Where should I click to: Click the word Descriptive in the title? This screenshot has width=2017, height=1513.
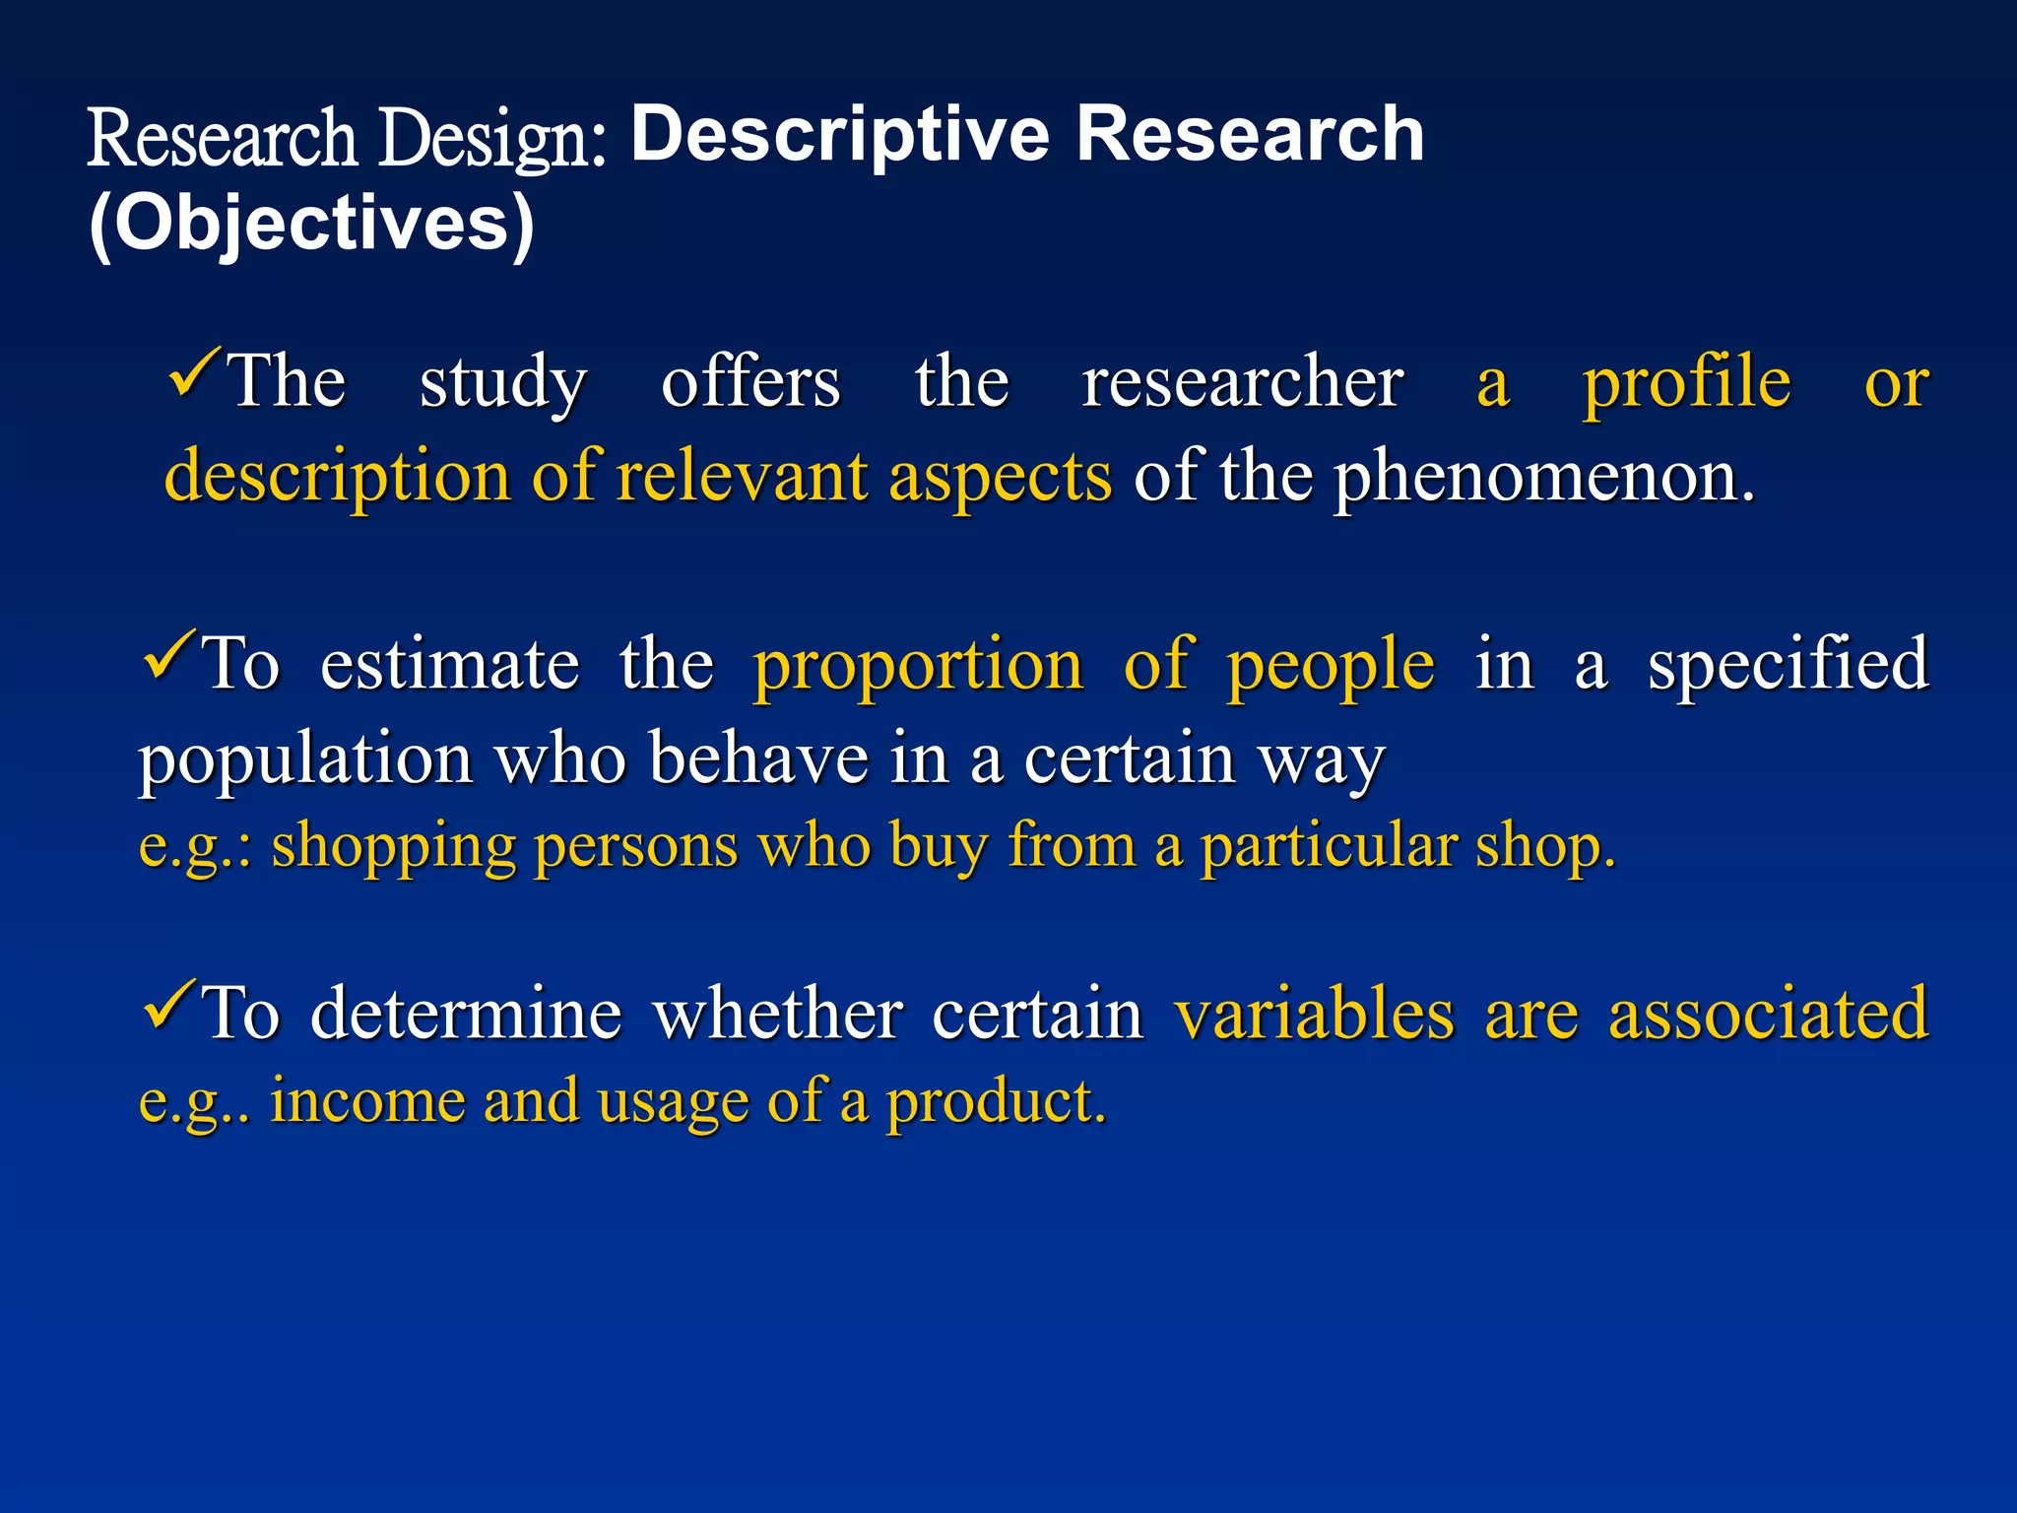point(840,136)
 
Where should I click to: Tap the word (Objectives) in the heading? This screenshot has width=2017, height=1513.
point(311,225)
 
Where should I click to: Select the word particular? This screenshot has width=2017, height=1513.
point(1328,847)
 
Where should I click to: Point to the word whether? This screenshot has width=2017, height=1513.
point(778,1015)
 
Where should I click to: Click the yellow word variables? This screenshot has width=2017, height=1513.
point(1314,1015)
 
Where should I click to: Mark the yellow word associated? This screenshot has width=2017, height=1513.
point(1768,1015)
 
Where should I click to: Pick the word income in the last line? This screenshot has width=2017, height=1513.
point(367,1101)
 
